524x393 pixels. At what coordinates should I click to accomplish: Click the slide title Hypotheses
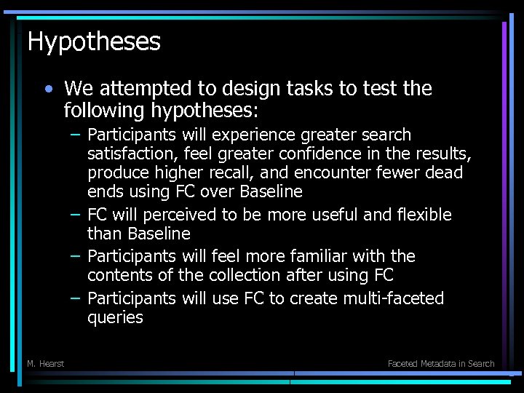pyautogui.click(x=94, y=41)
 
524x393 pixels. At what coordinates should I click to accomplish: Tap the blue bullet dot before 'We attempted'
pyautogui.click(x=48, y=90)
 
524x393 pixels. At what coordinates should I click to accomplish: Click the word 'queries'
pyautogui.click(x=115, y=317)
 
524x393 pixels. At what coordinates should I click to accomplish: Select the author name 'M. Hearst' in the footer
pyautogui.click(x=45, y=363)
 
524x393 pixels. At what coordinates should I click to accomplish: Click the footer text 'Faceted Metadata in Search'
pyautogui.click(x=441, y=363)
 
